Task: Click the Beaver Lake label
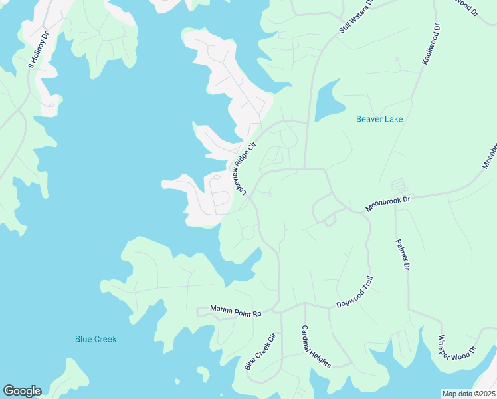pyautogui.click(x=379, y=120)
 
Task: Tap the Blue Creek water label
pyautogui.click(x=96, y=339)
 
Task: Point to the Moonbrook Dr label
pyautogui.click(x=389, y=203)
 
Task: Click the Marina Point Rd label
pyautogui.click(x=236, y=310)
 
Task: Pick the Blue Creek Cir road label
pyautogui.click(x=260, y=350)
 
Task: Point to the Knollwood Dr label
pyautogui.click(x=431, y=45)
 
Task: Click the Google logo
pyautogui.click(x=22, y=391)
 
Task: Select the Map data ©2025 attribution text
pyautogui.click(x=468, y=394)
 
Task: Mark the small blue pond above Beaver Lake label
pyautogui.click(x=329, y=101)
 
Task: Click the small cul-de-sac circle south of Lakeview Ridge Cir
pyautogui.click(x=248, y=233)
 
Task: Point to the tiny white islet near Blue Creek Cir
pyautogui.click(x=177, y=382)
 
